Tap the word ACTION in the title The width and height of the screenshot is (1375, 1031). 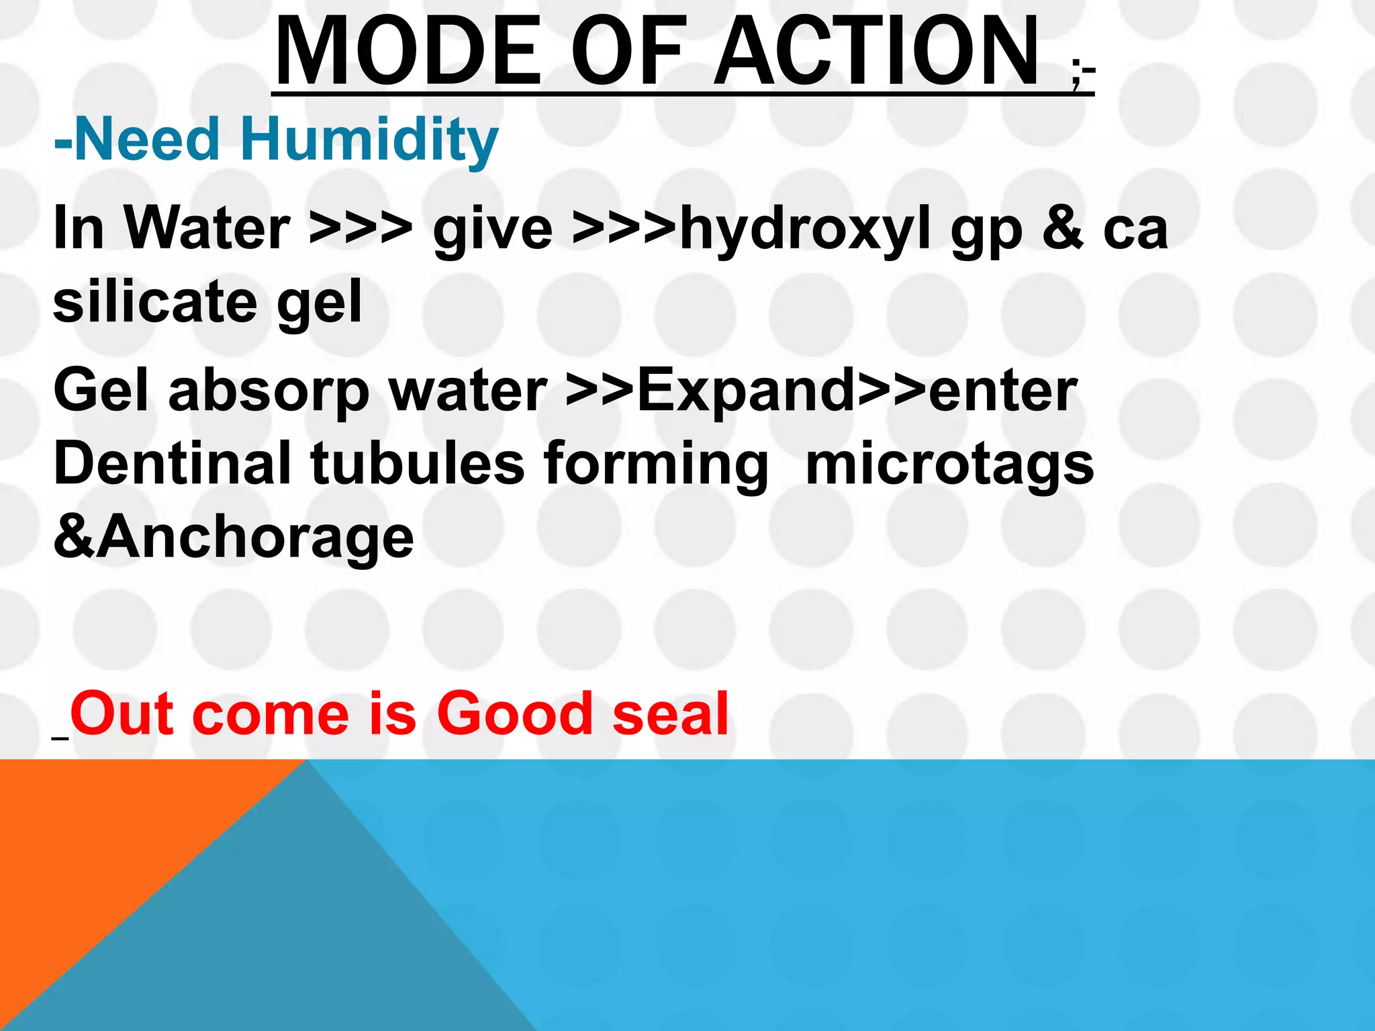pyautogui.click(x=876, y=52)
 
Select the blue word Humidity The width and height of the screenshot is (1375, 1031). pyautogui.click(x=369, y=140)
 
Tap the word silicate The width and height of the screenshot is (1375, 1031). pyautogui.click(x=155, y=302)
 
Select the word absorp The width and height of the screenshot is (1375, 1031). pyautogui.click(x=269, y=391)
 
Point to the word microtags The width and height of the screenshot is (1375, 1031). pyautogui.click(x=949, y=464)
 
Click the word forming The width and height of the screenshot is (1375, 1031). pyautogui.click(x=656, y=464)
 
